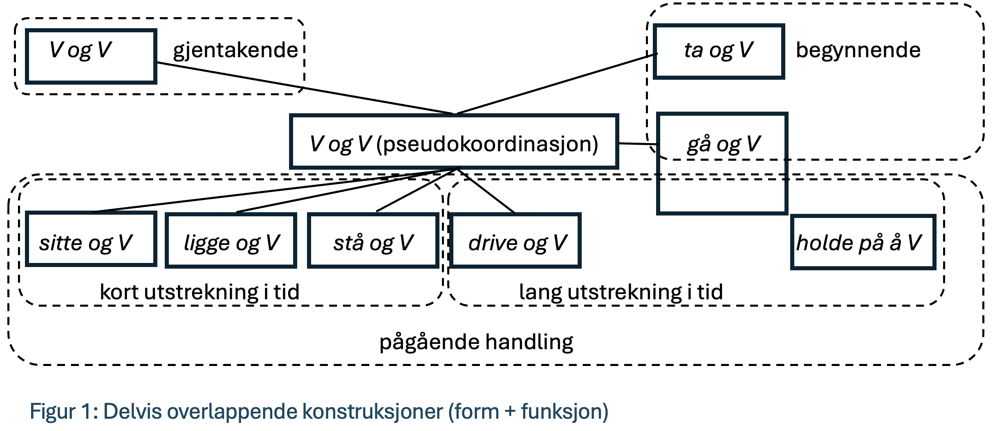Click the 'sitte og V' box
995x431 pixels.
click(x=91, y=239)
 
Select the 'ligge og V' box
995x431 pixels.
click(x=231, y=240)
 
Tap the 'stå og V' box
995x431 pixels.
click(x=373, y=240)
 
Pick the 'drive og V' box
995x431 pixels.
click(x=515, y=240)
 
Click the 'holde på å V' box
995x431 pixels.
click(x=863, y=242)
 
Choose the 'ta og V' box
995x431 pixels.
click(x=719, y=51)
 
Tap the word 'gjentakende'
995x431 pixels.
click(x=235, y=50)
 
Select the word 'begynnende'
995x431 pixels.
click(x=858, y=50)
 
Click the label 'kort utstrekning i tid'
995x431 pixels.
click(x=199, y=292)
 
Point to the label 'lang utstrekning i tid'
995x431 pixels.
click(x=621, y=292)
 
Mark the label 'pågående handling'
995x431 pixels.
click(x=476, y=342)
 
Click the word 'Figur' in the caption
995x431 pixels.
click(x=52, y=411)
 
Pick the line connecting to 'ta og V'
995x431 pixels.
click(x=556, y=83)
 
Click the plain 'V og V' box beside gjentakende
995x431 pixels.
click(x=91, y=56)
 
